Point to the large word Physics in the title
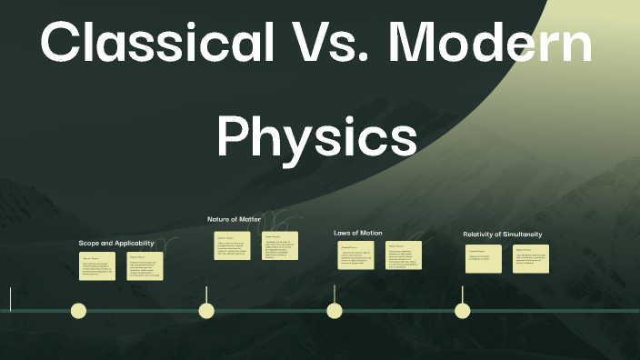point(316,136)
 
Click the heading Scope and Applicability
point(116,243)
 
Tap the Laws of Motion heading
point(358,233)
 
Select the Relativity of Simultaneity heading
point(503,234)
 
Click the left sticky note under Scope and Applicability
point(97,266)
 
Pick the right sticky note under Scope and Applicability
point(145,266)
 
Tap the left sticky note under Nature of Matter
point(232,245)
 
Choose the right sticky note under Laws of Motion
point(404,258)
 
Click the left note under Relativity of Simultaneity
point(484,258)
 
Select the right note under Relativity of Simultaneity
point(531,258)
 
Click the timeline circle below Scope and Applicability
point(79,311)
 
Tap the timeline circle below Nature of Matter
point(206,311)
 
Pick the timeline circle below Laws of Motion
point(335,311)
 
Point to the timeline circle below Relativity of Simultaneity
point(463,311)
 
